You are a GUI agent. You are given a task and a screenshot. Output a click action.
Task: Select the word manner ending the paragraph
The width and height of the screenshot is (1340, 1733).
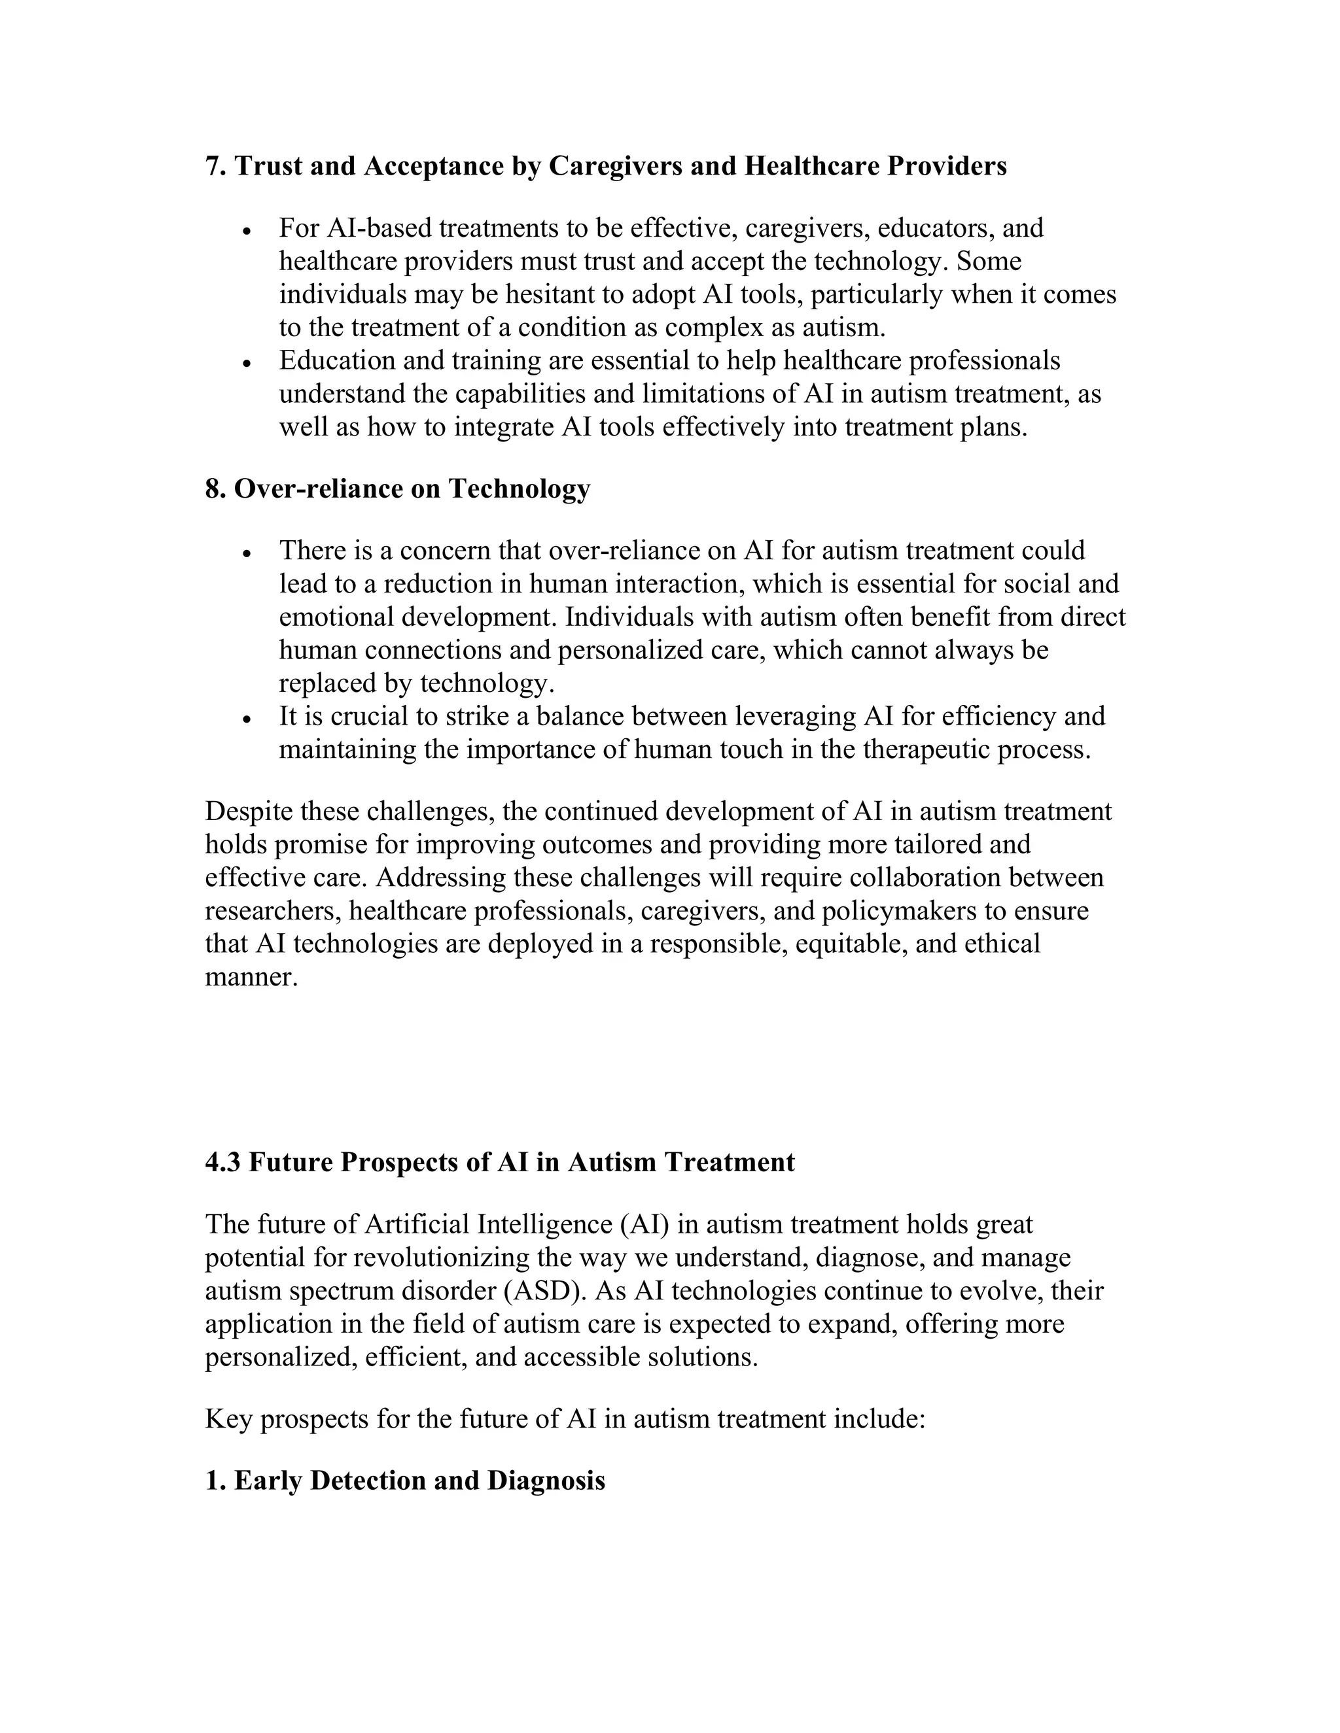pos(251,978)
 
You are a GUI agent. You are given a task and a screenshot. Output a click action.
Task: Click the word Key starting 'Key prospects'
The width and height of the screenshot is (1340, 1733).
pos(228,1419)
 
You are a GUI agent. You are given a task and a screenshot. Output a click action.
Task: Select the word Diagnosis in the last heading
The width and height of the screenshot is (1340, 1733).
pos(546,1481)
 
